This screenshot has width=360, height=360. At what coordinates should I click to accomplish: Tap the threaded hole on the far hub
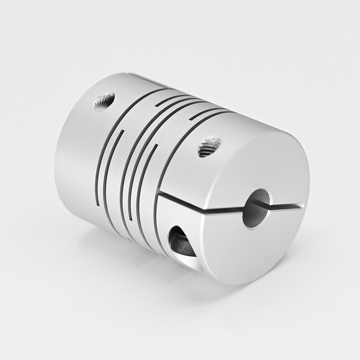click(x=104, y=102)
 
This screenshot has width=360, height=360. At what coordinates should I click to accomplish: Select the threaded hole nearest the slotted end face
click(x=209, y=147)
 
